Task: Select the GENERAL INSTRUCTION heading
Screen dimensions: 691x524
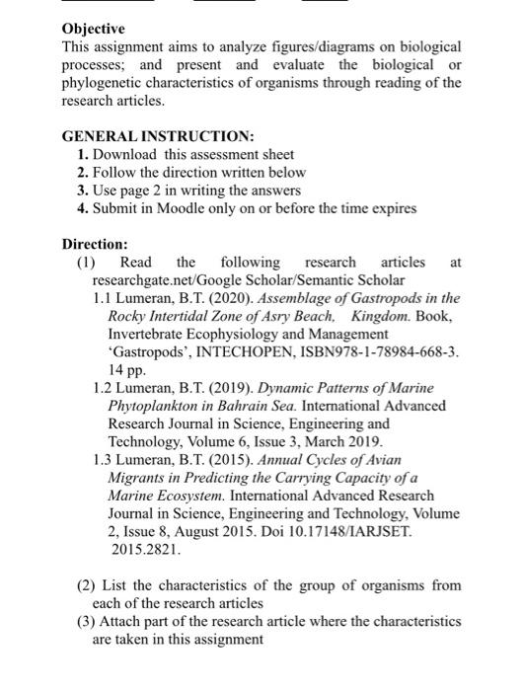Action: click(158, 136)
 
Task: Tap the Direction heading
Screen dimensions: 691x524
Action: click(95, 243)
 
